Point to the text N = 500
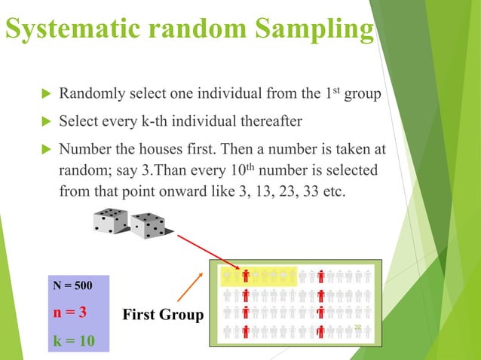[x=73, y=287]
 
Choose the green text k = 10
[x=74, y=340]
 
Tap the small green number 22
[x=358, y=326]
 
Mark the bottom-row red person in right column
[x=320, y=331]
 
